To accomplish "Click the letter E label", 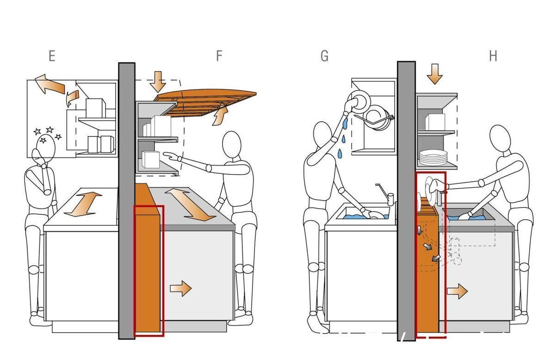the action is click(x=52, y=56).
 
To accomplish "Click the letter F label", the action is click(x=219, y=56).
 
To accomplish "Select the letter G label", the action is click(x=324, y=56).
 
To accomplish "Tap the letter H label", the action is click(x=493, y=56).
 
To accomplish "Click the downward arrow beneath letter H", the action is click(x=435, y=74).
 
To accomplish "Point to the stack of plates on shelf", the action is click(x=433, y=157).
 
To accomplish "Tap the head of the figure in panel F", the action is click(x=232, y=144).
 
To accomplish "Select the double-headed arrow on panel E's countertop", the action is click(x=83, y=204).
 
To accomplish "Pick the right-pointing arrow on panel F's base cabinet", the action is click(x=181, y=288).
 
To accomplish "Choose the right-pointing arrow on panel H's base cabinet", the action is click(x=457, y=291).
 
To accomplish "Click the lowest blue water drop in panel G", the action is click(x=340, y=153).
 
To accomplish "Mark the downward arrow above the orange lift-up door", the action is click(x=158, y=82).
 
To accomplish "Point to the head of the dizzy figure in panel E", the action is click(x=46, y=149).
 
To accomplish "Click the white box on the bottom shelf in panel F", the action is click(x=151, y=160).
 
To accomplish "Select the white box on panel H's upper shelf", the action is click(x=435, y=122).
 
